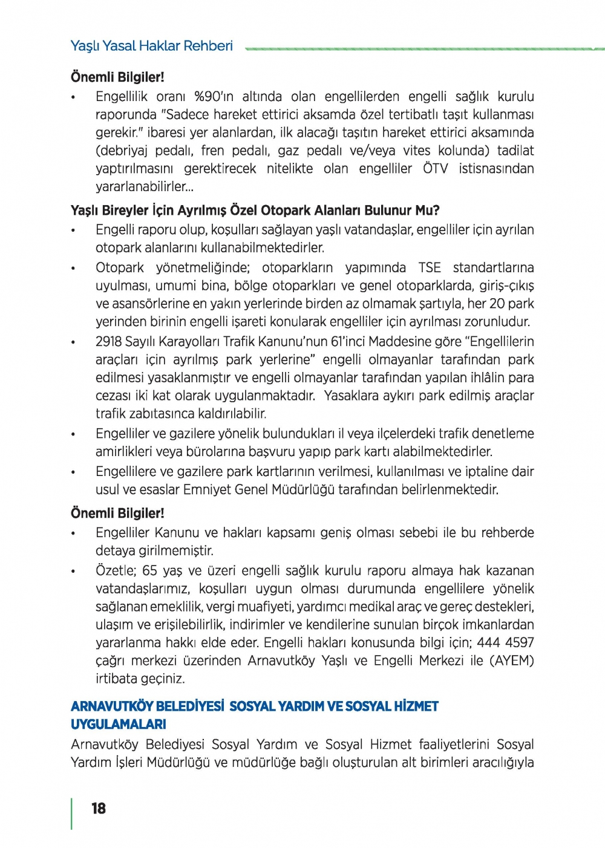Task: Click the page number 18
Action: pyautogui.click(x=98, y=809)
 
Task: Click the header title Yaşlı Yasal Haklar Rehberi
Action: pyautogui.click(x=151, y=46)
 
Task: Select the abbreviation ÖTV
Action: pyautogui.click(x=435, y=169)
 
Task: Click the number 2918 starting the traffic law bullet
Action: pyautogui.click(x=109, y=342)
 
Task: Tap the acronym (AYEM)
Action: pyautogui.click(x=512, y=660)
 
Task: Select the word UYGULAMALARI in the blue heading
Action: pyautogui.click(x=119, y=724)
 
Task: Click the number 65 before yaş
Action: pyautogui.click(x=150, y=570)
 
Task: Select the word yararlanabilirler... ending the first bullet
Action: pyautogui.click(x=144, y=187)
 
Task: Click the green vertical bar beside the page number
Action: pyautogui.click(x=72, y=814)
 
